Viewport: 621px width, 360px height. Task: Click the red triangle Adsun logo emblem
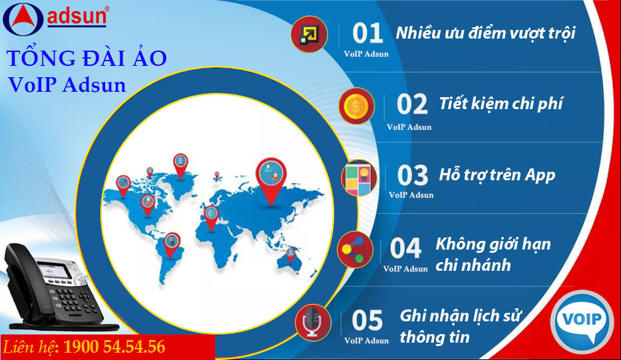tap(23, 19)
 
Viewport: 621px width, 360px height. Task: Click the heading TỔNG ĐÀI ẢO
tap(87, 58)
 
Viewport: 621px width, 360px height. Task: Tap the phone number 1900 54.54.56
tap(114, 347)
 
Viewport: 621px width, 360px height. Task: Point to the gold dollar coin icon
tap(356, 106)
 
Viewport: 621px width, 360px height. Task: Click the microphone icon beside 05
tap(313, 322)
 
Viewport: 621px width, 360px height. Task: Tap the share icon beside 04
tap(355, 250)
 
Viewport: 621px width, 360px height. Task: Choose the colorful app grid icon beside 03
tap(358, 178)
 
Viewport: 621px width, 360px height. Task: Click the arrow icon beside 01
tap(309, 35)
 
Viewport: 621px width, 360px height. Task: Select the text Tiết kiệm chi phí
tap(501, 104)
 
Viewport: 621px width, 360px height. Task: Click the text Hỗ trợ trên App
tap(497, 175)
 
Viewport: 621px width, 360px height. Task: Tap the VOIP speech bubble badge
tap(582, 321)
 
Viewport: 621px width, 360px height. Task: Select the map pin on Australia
tap(291, 256)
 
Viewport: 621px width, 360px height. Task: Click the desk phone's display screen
tap(55, 270)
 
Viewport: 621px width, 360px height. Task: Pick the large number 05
tap(367, 320)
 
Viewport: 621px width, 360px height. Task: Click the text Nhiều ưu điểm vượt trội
tap(486, 33)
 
